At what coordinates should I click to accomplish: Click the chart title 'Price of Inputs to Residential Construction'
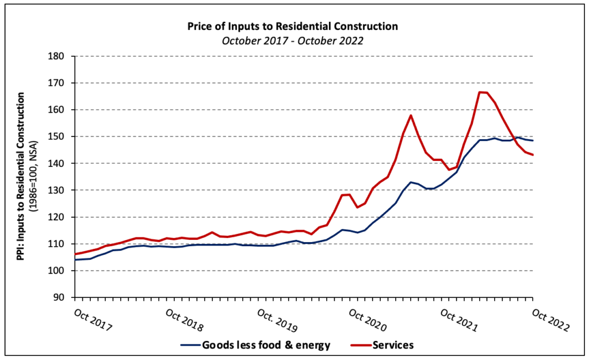pyautogui.click(x=293, y=26)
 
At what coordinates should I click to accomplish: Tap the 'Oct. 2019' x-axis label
pyautogui.click(x=277, y=321)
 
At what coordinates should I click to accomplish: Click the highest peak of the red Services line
pyautogui.click(x=482, y=92)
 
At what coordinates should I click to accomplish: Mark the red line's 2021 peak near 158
pyautogui.click(x=411, y=115)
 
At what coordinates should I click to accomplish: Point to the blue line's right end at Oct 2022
pyautogui.click(x=533, y=140)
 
